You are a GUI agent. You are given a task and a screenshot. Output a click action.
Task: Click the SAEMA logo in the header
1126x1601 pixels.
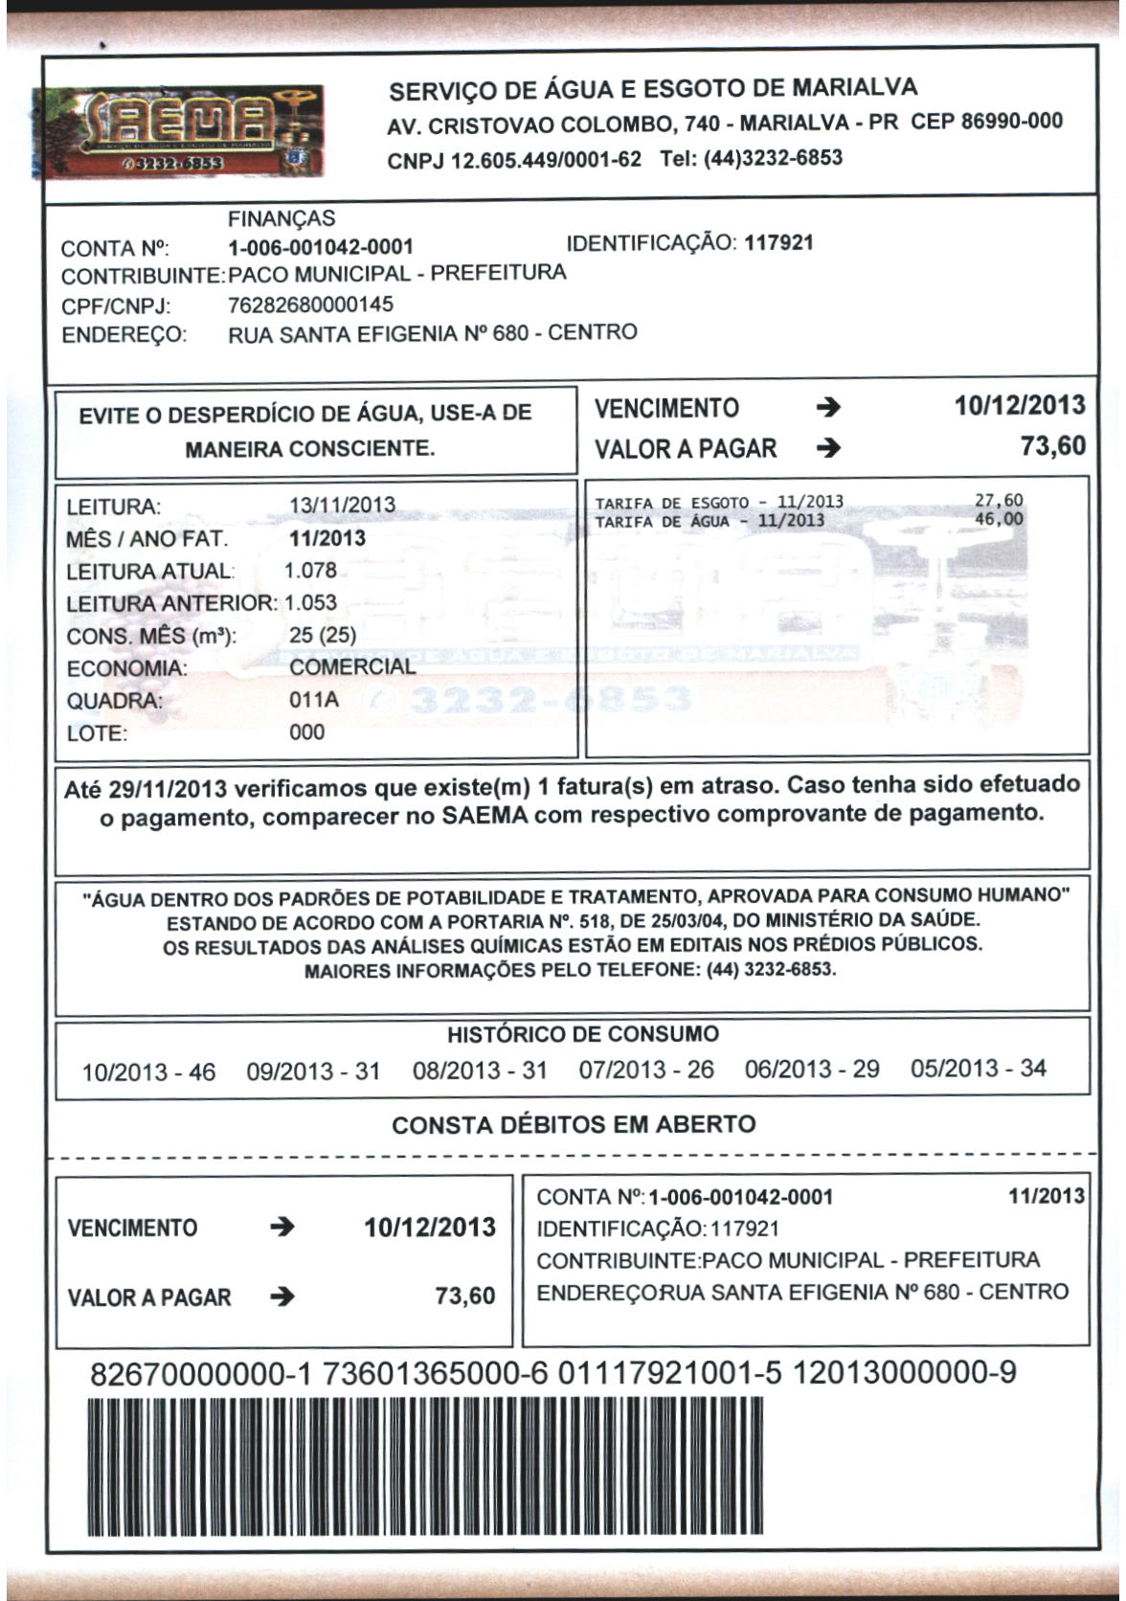(x=178, y=131)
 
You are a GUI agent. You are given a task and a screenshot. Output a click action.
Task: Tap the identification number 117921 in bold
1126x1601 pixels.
(x=778, y=242)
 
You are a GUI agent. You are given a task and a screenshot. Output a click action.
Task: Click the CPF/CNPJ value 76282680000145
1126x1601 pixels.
(x=311, y=305)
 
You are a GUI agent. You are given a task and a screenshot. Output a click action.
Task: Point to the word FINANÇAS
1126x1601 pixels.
(x=281, y=219)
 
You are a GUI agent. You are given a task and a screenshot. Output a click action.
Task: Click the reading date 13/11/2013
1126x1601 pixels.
(x=342, y=505)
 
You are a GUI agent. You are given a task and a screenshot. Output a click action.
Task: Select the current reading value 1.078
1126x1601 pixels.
(x=311, y=571)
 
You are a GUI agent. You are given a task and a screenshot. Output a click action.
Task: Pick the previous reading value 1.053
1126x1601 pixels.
(x=311, y=603)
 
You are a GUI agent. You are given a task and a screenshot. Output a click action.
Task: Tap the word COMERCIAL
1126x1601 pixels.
(x=352, y=666)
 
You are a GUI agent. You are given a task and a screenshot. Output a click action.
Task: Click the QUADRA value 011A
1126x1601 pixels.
(x=313, y=700)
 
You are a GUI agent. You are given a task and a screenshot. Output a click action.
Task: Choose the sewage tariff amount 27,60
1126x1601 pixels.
(x=999, y=500)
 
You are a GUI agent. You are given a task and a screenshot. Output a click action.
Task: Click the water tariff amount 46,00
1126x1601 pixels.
(x=999, y=520)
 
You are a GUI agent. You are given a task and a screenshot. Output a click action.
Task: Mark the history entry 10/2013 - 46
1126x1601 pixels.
(x=148, y=1071)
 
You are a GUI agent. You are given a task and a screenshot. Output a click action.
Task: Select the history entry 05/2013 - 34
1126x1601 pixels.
(x=979, y=1069)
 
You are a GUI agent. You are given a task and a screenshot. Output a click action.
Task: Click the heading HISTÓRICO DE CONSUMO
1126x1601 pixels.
(x=582, y=1035)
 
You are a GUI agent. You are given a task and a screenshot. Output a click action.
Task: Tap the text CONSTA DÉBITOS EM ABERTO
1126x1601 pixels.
(x=574, y=1125)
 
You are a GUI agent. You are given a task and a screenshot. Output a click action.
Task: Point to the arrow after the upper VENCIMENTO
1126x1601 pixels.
(x=829, y=409)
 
